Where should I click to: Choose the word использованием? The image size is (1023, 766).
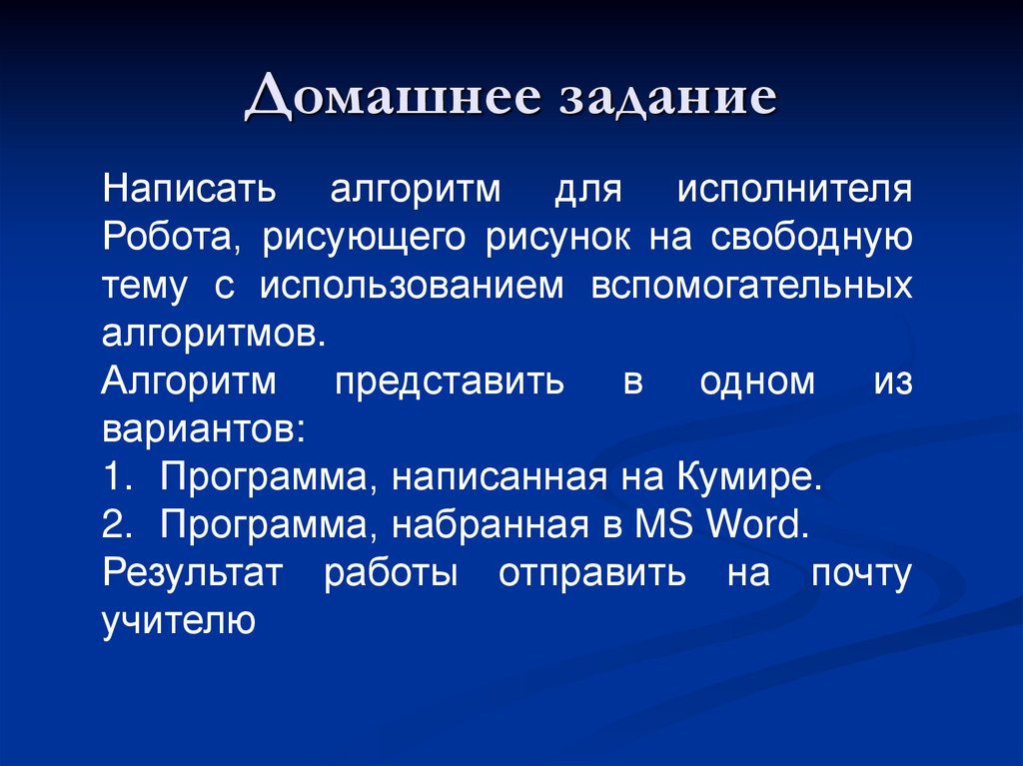[x=413, y=286]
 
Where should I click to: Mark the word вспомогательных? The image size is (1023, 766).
[x=751, y=286]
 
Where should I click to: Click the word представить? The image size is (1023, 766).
[x=449, y=382]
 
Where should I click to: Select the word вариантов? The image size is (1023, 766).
[x=199, y=429]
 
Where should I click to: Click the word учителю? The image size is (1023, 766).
[x=180, y=621]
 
